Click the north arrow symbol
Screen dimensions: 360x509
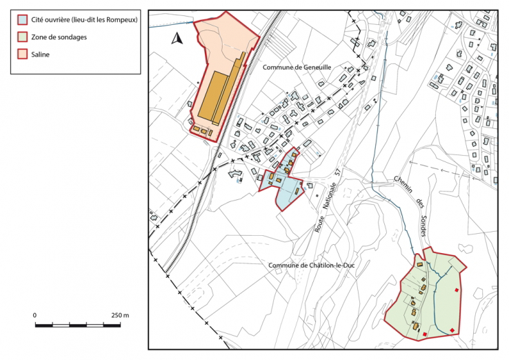coord(177,39)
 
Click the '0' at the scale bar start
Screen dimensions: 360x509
coord(35,314)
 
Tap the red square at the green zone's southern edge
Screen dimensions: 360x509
coord(426,335)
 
